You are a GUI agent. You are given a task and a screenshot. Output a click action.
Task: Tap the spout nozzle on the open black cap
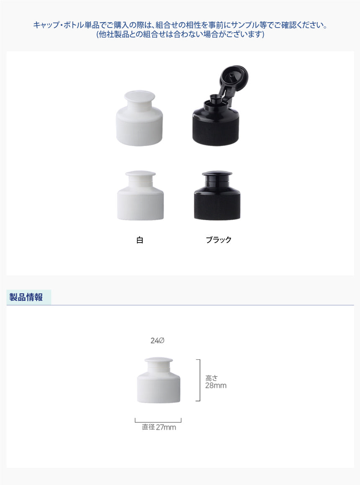tap(215, 100)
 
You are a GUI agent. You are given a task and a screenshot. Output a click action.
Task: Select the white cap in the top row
tap(139, 118)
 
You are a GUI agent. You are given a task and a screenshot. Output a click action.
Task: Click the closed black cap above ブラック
tap(217, 195)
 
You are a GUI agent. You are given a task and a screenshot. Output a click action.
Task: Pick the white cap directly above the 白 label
tap(140, 195)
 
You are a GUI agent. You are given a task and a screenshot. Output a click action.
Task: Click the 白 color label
tap(140, 240)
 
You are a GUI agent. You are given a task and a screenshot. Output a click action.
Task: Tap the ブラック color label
tap(219, 240)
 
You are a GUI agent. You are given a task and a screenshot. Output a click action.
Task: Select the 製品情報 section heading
tap(26, 297)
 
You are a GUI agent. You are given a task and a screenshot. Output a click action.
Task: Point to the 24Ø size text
tap(157, 341)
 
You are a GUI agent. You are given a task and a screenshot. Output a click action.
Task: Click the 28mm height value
tap(216, 385)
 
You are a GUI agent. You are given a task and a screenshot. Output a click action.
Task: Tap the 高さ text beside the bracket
tap(211, 378)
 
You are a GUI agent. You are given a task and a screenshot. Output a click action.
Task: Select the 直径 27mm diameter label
tap(159, 427)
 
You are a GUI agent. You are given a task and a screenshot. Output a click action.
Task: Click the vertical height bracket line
tap(200, 380)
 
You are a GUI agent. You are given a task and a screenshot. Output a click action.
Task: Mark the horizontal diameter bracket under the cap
tap(158, 422)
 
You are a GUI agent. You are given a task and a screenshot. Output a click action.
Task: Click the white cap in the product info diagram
tap(159, 380)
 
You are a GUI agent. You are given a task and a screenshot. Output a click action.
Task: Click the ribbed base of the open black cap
tap(216, 131)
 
